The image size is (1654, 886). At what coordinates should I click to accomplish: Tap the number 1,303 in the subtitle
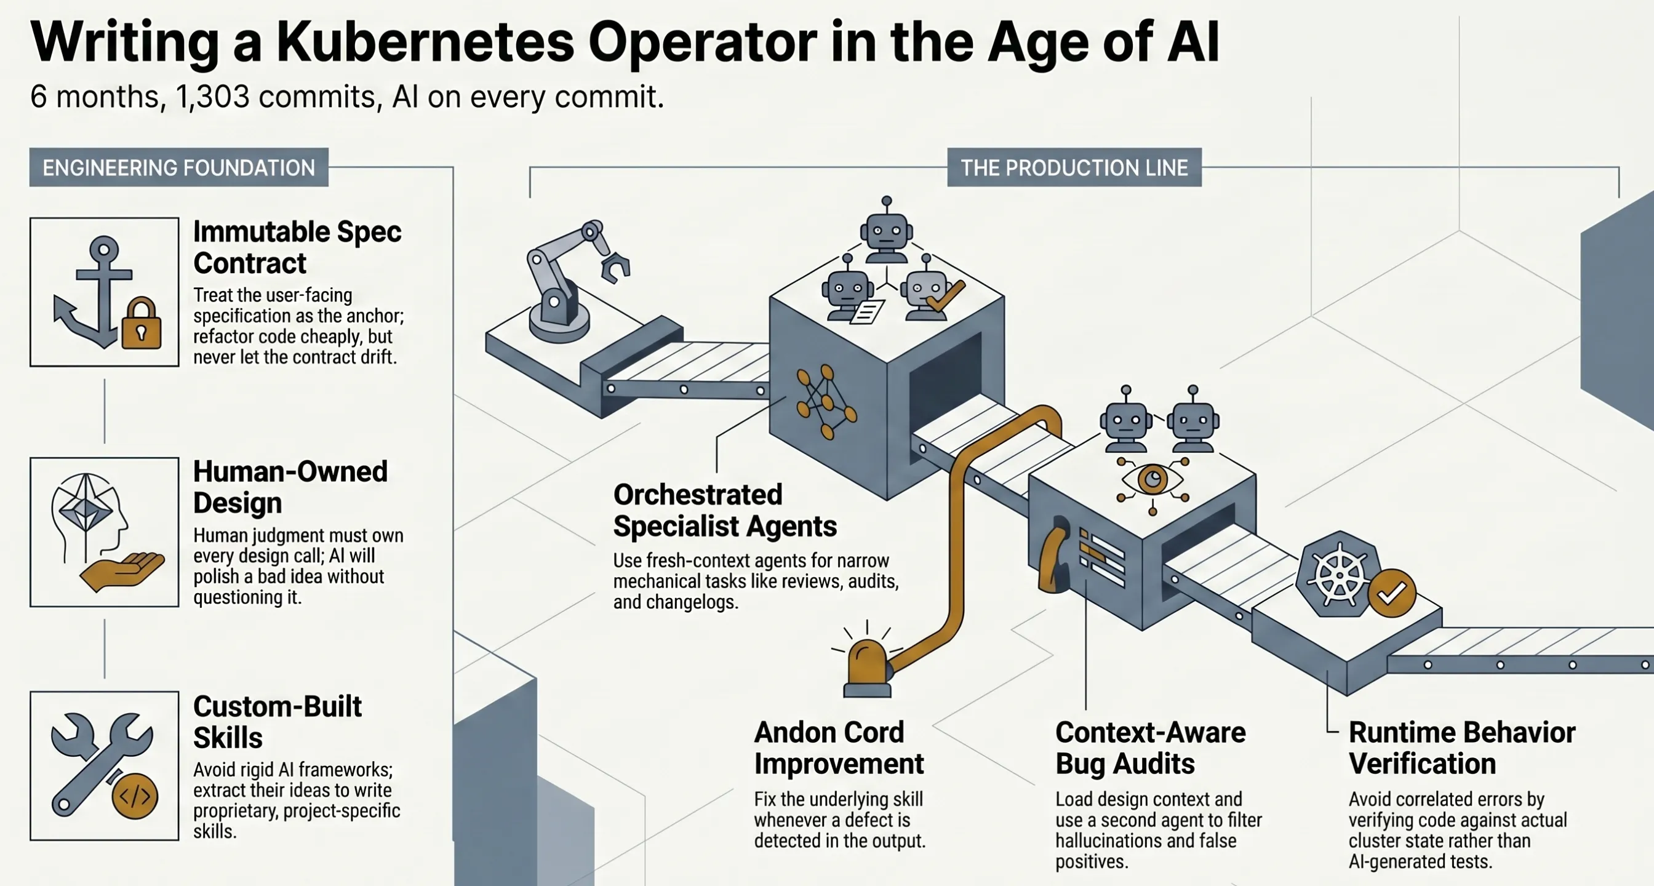pos(212,97)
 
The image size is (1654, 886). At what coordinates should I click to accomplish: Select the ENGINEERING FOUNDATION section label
pos(178,167)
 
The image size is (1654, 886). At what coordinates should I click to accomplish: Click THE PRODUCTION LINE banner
pos(1074,167)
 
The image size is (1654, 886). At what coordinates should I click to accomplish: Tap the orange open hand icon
pos(122,572)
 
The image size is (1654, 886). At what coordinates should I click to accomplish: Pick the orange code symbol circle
pos(135,796)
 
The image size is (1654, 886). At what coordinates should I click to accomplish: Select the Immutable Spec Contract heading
pos(297,247)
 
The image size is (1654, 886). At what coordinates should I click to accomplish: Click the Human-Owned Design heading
pos(290,487)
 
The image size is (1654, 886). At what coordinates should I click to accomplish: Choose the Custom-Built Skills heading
pos(278,722)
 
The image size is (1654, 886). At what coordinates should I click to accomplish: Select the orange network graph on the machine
pos(826,401)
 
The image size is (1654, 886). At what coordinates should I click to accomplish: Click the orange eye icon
pos(1153,479)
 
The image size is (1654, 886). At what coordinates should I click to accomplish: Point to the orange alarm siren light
pos(867,668)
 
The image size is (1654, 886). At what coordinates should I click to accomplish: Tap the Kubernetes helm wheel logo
pos(1340,575)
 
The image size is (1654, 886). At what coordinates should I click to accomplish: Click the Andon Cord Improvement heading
pos(839,748)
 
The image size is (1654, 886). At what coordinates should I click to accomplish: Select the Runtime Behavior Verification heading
pos(1462,748)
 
